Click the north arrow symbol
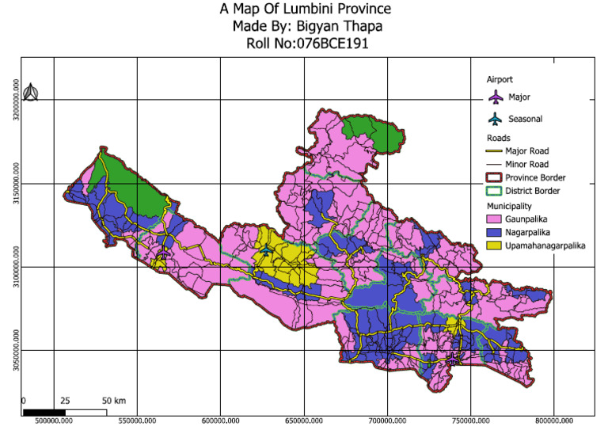coord(30,93)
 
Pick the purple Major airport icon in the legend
coord(496,97)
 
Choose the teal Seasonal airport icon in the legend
coord(496,120)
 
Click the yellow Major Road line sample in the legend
coord(496,150)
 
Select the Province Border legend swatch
coord(496,177)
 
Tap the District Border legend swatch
coord(496,191)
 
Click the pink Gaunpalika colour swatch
coord(496,219)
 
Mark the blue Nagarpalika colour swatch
coord(496,233)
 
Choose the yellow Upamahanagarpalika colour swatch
coord(496,246)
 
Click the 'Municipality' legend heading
coord(512,205)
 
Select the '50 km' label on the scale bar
coord(115,400)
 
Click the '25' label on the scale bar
coord(65,400)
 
